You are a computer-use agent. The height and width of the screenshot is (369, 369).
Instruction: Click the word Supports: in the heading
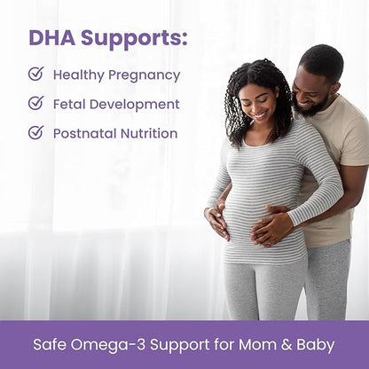pos(136,40)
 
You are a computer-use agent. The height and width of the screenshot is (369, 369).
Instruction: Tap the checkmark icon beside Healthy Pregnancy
pos(35,74)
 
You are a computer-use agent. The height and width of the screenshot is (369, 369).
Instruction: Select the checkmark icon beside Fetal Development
pos(35,103)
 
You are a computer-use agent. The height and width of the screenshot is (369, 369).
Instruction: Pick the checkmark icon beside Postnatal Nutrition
pos(35,132)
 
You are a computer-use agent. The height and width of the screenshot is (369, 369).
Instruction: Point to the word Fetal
pos(70,104)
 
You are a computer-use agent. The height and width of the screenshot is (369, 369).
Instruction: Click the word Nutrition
pos(149,133)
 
